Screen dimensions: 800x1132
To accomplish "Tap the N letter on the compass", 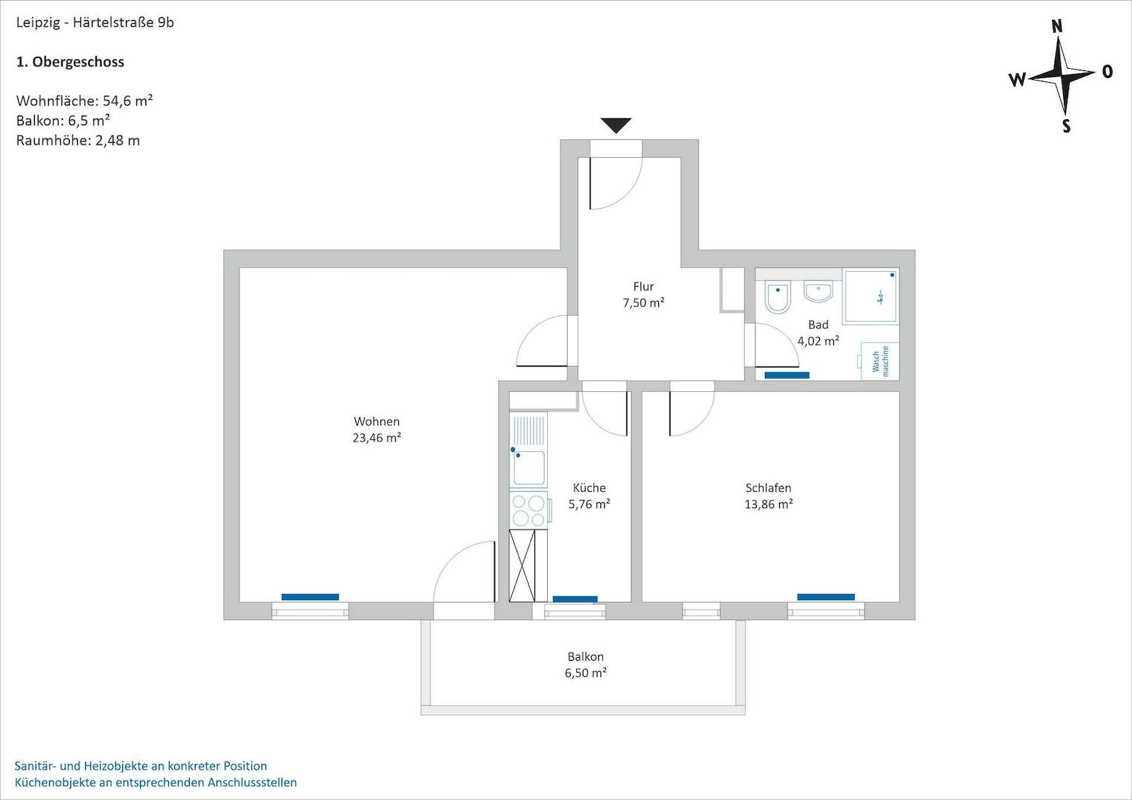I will coord(1057,27).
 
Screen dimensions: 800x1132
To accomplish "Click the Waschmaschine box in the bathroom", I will coord(880,361).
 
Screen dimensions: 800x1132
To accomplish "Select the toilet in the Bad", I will coord(778,297).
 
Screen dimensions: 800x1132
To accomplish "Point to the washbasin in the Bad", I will coord(818,291).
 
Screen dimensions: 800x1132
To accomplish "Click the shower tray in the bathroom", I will coord(872,296).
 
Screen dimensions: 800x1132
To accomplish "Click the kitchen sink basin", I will coord(529,467).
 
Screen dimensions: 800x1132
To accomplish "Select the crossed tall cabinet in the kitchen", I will coord(528,566).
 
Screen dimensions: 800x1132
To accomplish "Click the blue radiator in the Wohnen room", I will coord(310,597).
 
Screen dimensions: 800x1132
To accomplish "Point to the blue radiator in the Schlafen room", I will coord(826,597).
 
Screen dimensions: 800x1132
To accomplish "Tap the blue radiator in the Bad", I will coord(787,375).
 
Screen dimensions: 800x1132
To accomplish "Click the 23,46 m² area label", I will coord(377,438).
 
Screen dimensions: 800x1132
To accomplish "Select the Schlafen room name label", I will coord(768,488).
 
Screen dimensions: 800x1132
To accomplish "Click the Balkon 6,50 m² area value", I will coord(586,673).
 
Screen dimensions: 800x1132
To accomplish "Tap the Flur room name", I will coord(643,287).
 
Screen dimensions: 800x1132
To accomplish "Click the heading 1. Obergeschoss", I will coord(70,62).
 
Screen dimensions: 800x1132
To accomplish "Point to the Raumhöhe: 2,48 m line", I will coord(78,140).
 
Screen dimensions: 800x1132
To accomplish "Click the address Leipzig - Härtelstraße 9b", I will coord(95,22).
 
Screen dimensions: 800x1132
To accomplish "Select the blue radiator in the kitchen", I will coord(575,599).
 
